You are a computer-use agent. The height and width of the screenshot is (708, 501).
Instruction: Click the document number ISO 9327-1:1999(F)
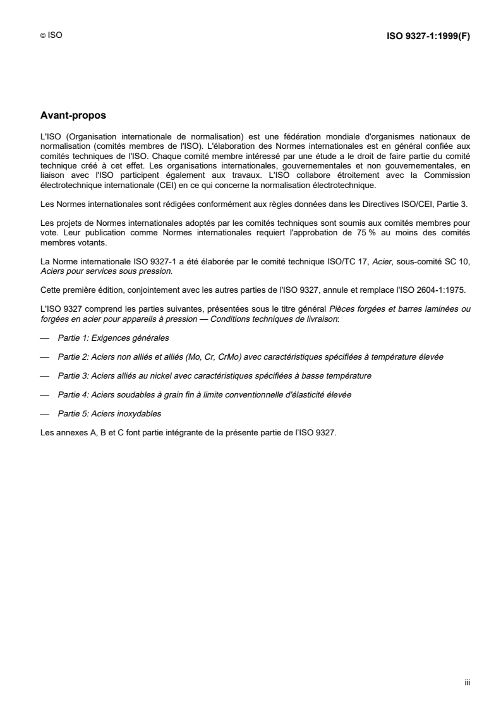coord(428,36)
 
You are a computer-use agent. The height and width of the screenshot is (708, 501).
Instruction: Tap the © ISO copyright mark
coord(51,36)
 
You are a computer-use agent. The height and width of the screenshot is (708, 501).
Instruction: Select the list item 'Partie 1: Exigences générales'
coord(109,338)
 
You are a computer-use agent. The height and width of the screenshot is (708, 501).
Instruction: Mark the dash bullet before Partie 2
coord(44,357)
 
